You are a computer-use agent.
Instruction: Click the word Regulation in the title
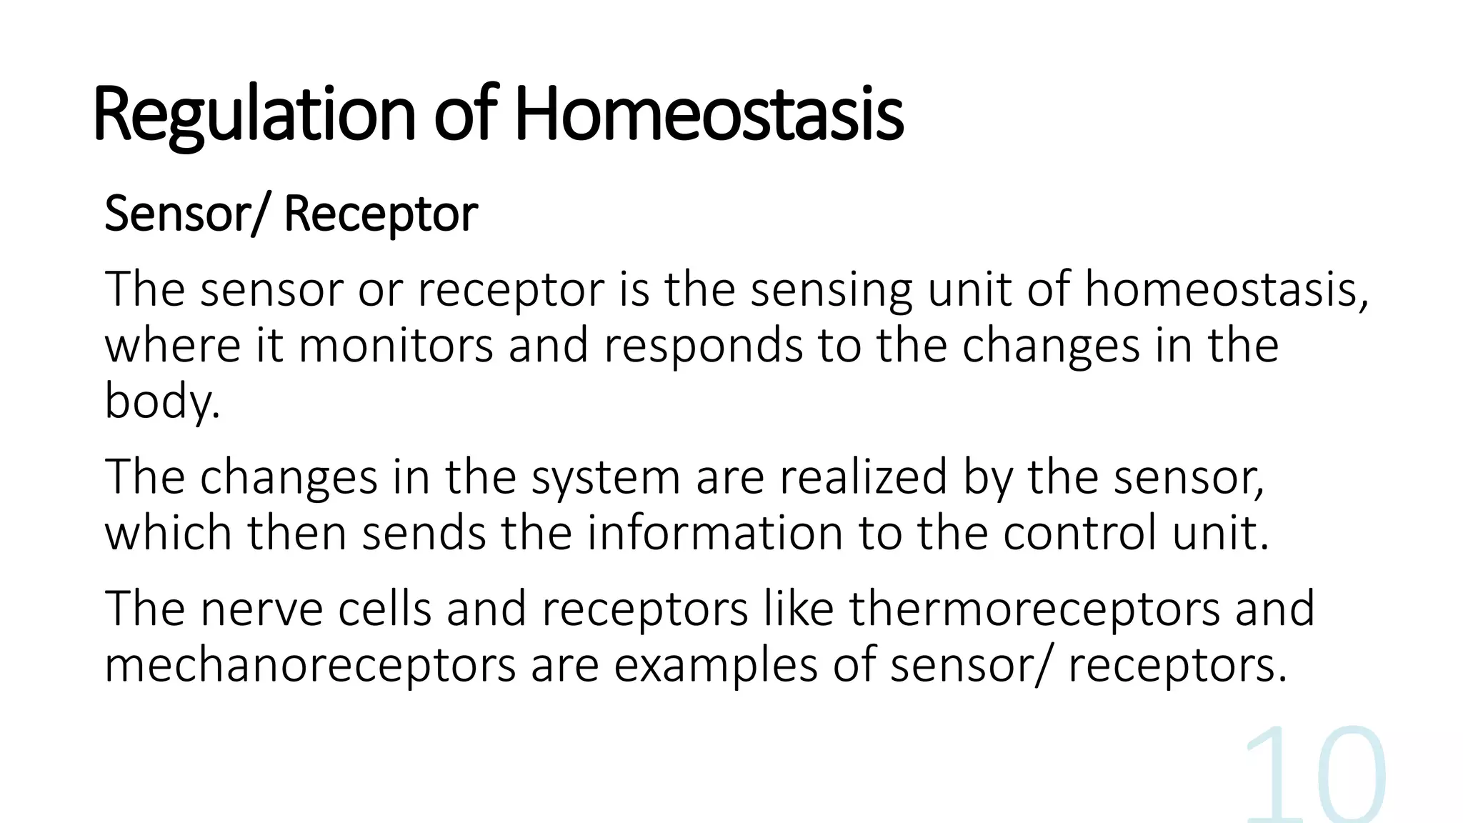[x=254, y=114]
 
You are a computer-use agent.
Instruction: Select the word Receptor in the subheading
[x=381, y=214]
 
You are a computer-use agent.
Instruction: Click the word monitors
[x=395, y=346]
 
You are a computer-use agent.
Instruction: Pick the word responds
[x=703, y=346]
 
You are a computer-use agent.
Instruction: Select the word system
[x=605, y=477]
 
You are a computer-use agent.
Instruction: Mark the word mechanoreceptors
[x=310, y=665]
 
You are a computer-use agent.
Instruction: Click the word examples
[x=715, y=665]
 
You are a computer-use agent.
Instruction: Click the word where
[x=172, y=346]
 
